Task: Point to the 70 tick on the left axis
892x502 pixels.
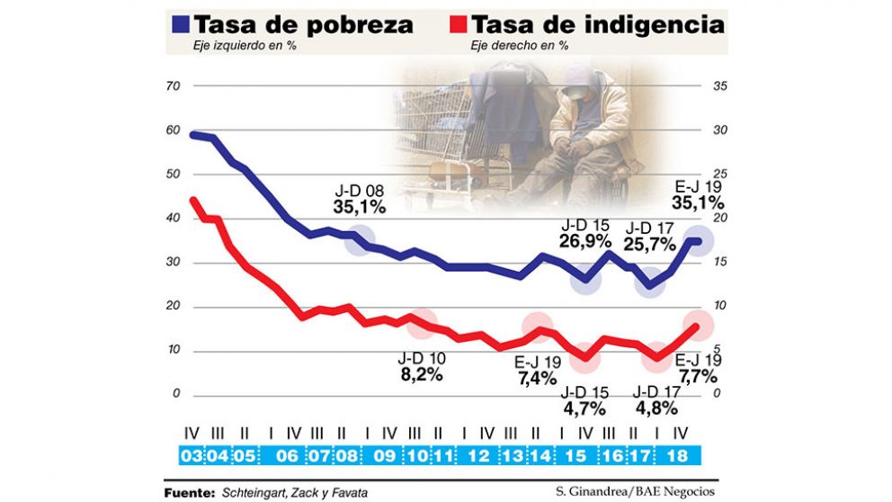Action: click(174, 86)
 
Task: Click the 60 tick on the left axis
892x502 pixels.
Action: click(174, 130)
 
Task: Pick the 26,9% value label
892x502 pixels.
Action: click(584, 242)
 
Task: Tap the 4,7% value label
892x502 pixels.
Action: click(584, 409)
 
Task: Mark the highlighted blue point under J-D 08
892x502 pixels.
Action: click(360, 240)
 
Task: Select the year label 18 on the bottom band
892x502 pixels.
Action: click(677, 455)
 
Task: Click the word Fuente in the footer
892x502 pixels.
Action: click(187, 492)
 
